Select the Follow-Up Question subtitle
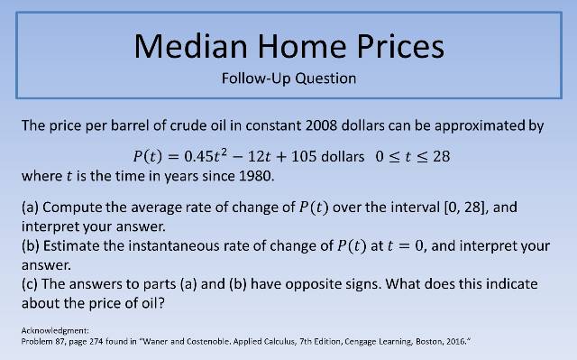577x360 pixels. click(x=288, y=78)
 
